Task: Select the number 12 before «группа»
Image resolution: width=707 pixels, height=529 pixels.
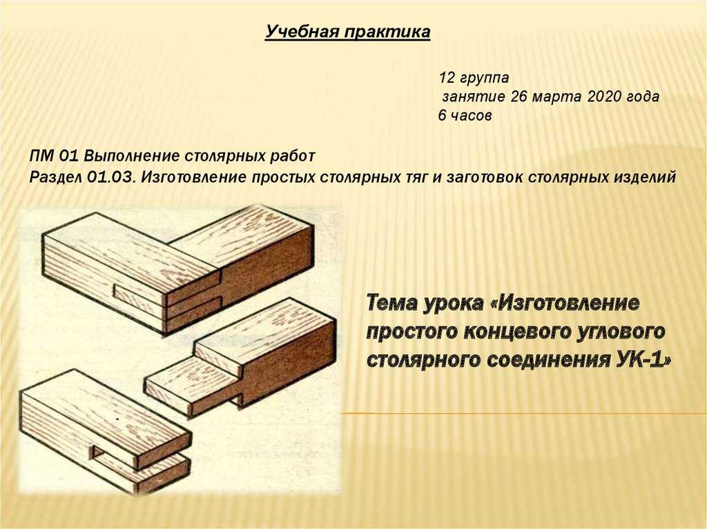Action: (x=447, y=77)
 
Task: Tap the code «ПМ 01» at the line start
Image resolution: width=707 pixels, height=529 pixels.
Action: (x=54, y=157)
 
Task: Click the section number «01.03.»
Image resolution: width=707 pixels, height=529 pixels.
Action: (x=112, y=177)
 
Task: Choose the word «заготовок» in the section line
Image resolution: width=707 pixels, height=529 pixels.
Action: (x=484, y=177)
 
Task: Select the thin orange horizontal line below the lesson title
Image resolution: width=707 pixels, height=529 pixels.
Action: (x=523, y=413)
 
